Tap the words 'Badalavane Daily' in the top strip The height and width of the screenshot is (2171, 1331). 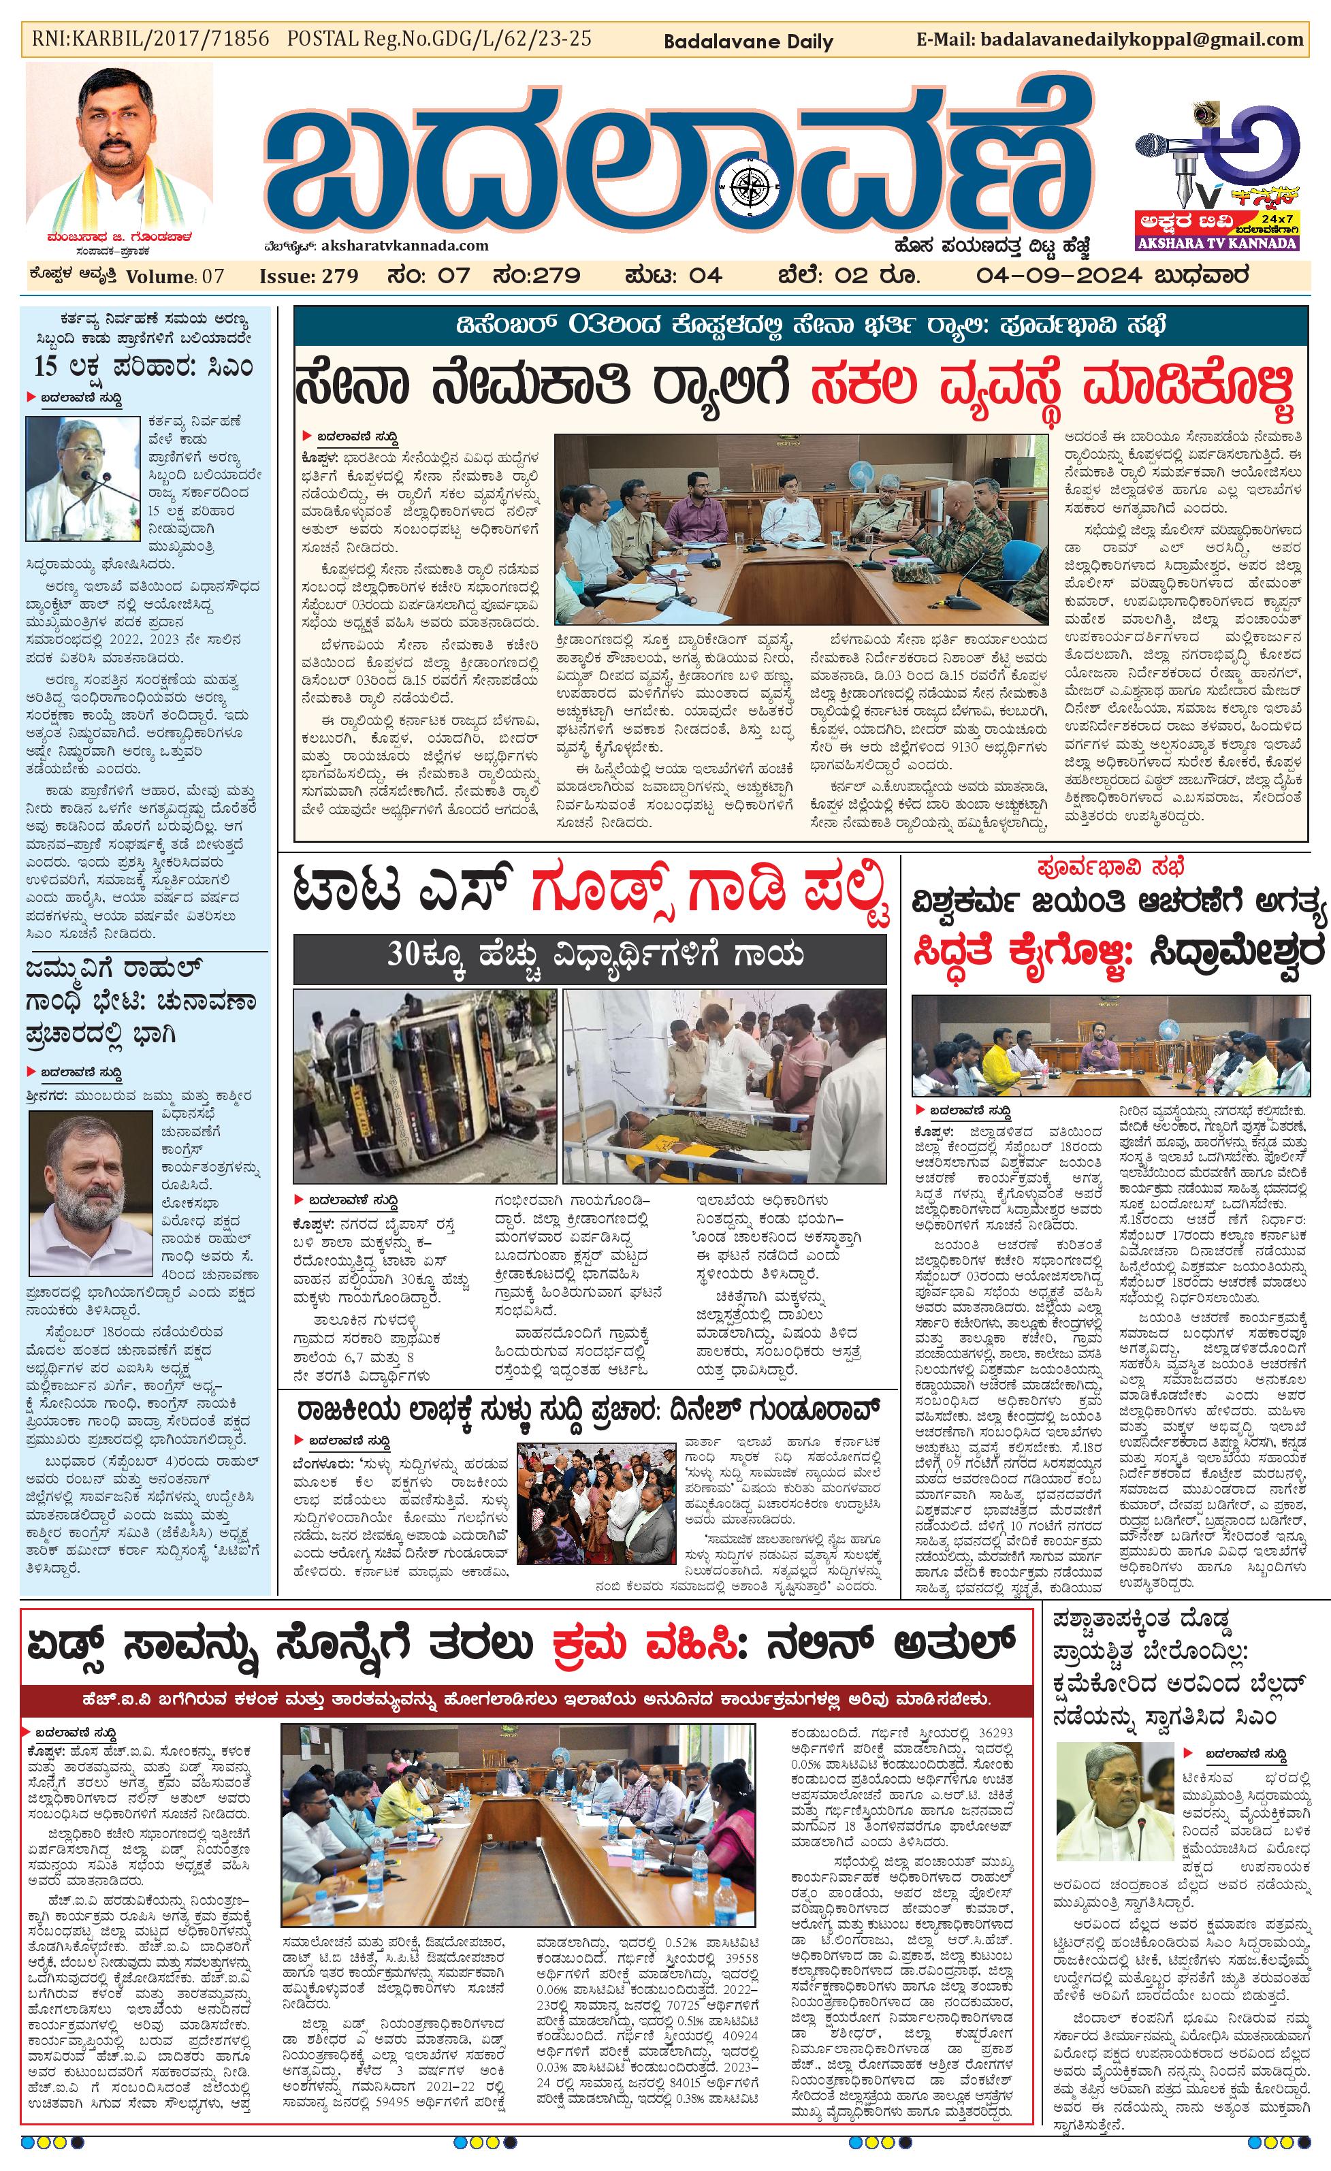click(748, 42)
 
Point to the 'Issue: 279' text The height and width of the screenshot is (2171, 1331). click(308, 276)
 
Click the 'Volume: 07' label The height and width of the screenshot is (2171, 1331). click(175, 276)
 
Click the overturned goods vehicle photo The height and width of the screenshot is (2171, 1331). click(426, 1085)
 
